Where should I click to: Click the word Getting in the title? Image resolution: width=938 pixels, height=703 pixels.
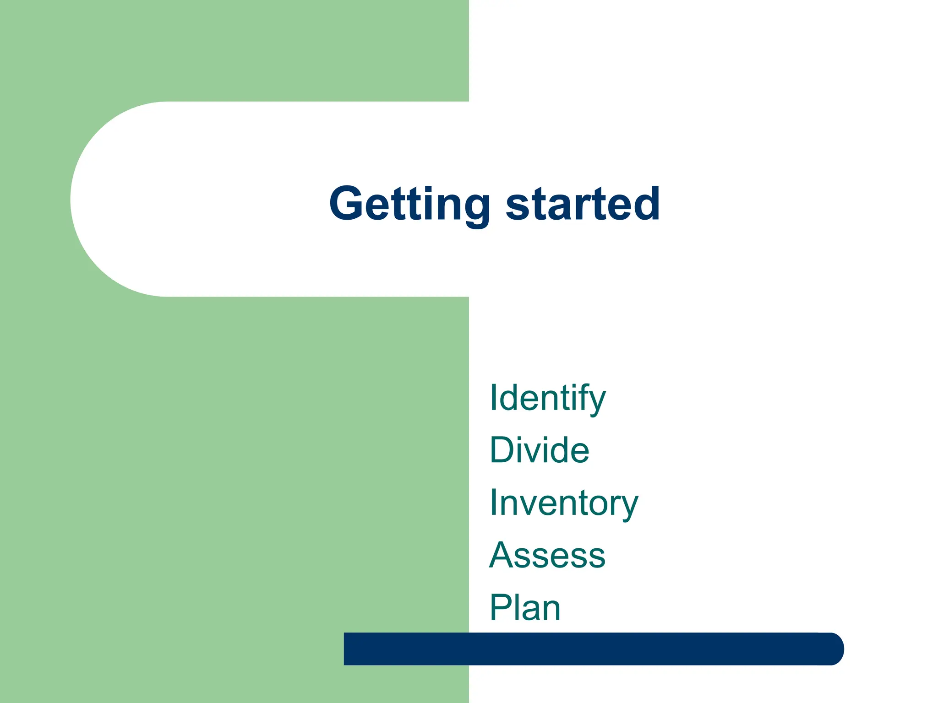[x=409, y=204]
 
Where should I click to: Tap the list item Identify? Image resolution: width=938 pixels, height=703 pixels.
[x=547, y=398]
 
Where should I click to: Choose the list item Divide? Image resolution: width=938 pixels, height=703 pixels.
[x=539, y=450]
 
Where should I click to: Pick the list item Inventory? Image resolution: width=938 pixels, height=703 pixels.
[x=563, y=503]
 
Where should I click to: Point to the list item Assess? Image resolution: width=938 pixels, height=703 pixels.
[x=547, y=555]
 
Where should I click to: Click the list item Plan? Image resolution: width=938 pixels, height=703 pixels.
[x=525, y=608]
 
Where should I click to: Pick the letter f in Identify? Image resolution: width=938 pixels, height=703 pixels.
[x=584, y=397]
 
